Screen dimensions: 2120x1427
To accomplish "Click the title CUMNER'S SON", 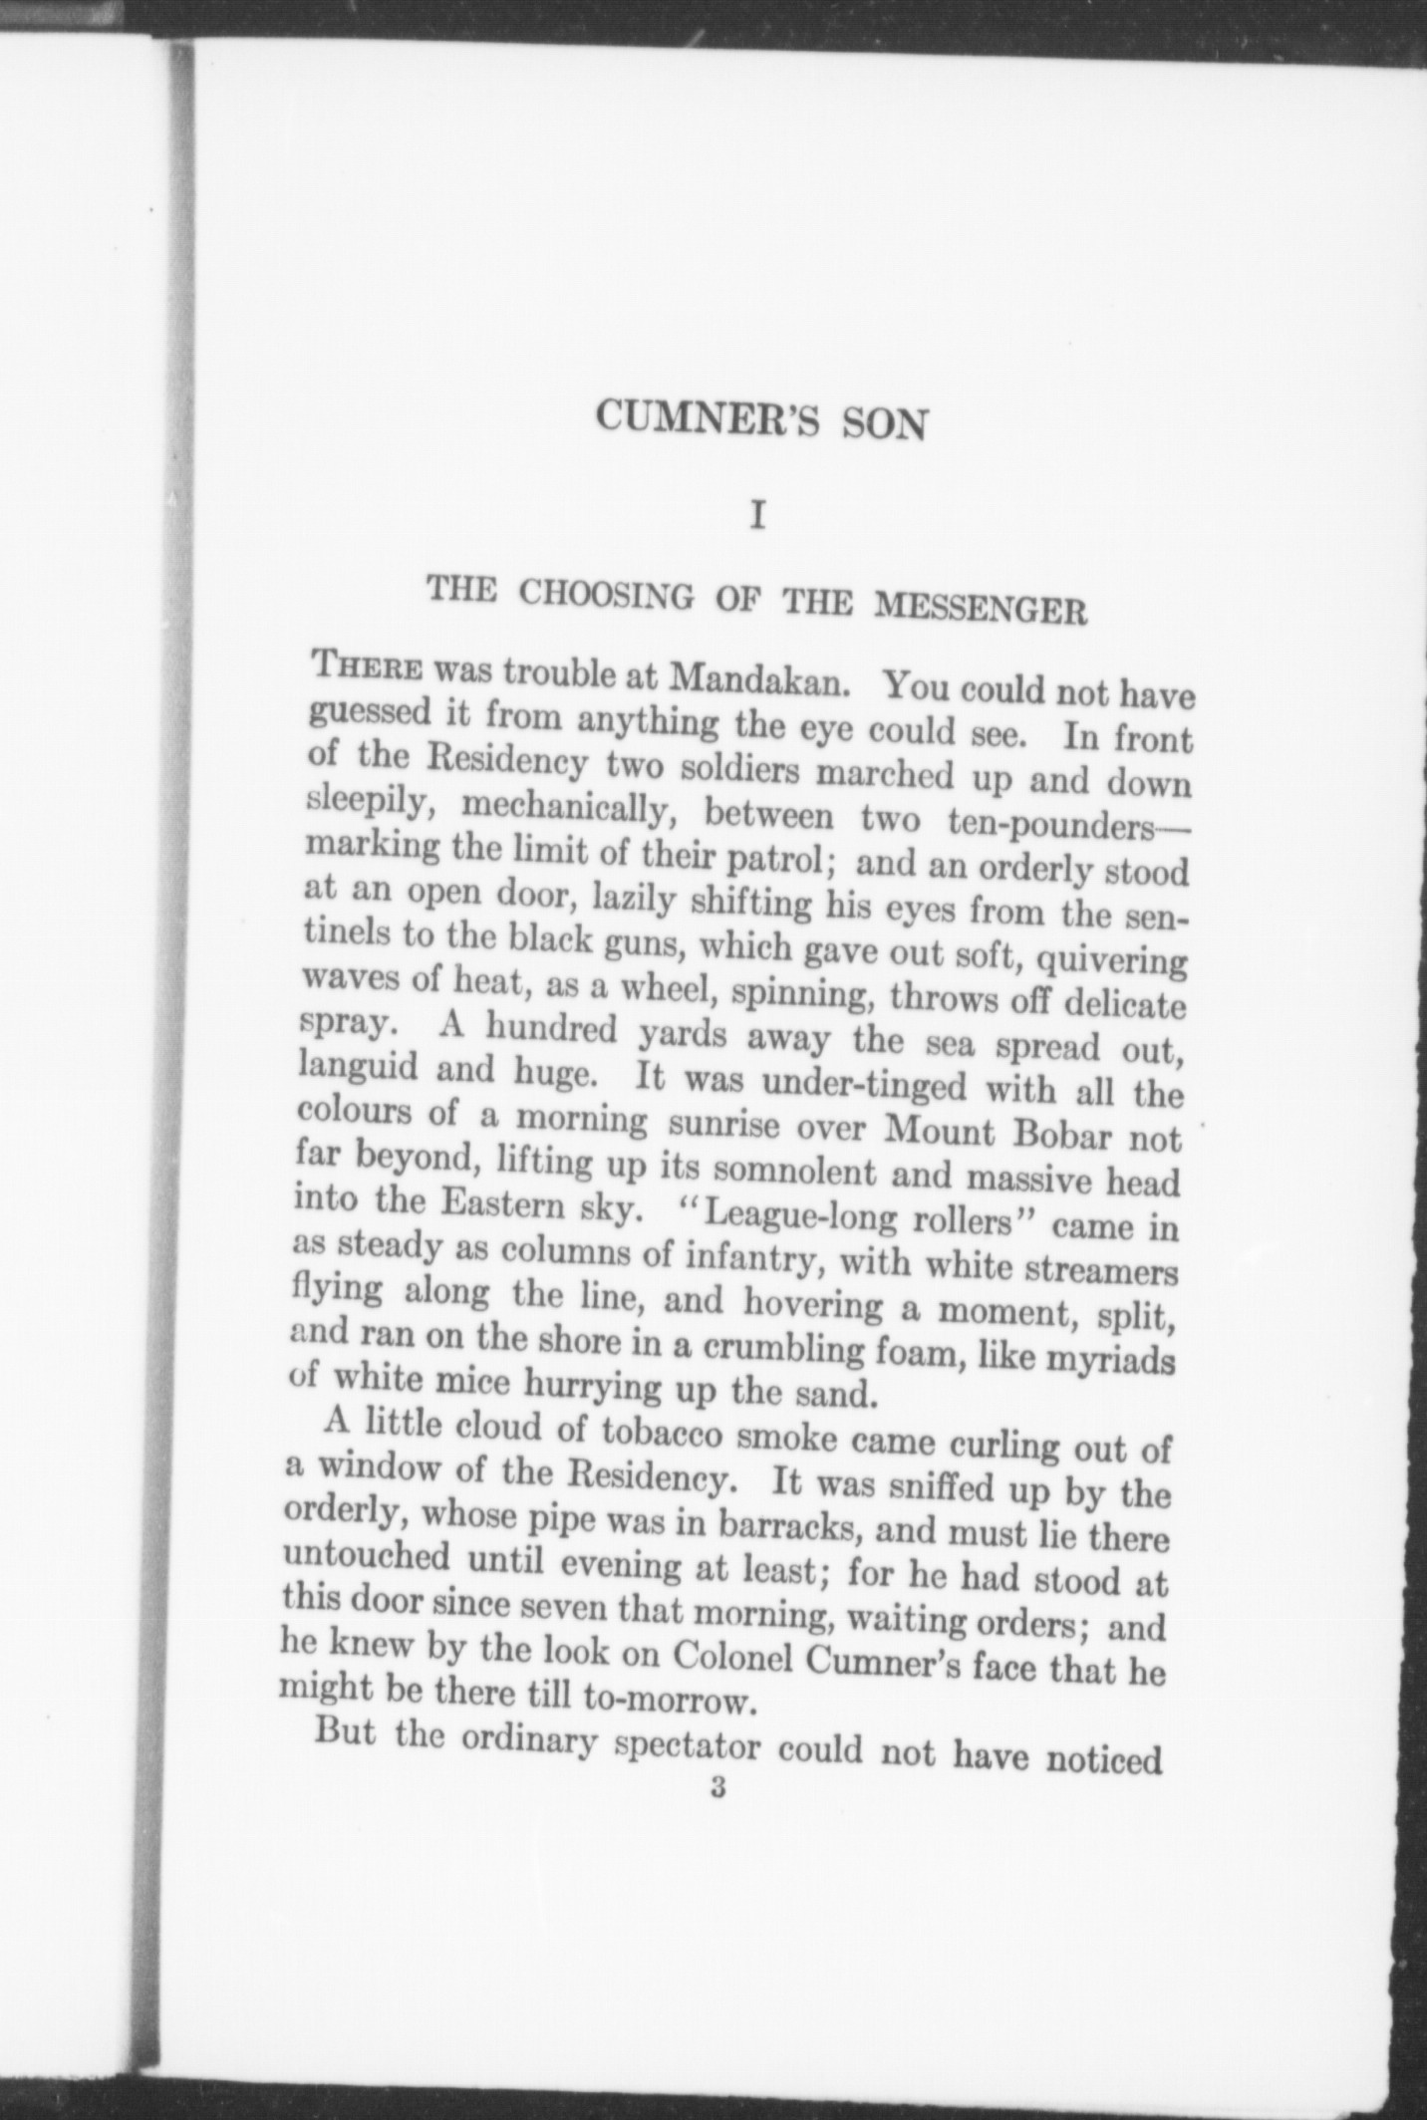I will [761, 420].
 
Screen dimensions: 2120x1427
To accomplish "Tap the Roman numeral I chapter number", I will [758, 519].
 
